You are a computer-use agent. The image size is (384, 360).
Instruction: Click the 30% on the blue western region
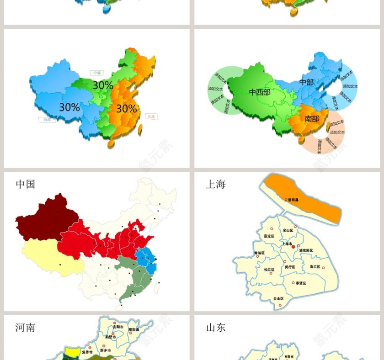(x=69, y=107)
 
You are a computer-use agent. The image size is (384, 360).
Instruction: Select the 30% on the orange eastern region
(x=127, y=109)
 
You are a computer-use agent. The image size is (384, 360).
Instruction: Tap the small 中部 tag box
(x=96, y=73)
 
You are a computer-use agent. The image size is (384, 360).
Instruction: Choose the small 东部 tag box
(x=151, y=117)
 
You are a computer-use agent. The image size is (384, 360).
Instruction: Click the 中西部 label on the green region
(x=259, y=92)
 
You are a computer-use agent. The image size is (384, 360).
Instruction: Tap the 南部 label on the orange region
(x=312, y=119)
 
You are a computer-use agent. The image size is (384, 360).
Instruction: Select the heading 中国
(x=26, y=184)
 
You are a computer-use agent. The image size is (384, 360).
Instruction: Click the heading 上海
(x=216, y=184)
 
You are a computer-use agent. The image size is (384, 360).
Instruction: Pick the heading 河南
(x=26, y=328)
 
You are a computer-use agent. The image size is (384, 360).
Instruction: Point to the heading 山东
(x=216, y=328)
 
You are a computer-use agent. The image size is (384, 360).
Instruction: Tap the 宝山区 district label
(x=288, y=231)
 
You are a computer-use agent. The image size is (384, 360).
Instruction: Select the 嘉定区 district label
(x=269, y=236)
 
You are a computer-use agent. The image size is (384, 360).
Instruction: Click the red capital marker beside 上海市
(x=293, y=247)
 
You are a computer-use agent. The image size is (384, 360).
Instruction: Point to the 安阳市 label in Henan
(x=118, y=327)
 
